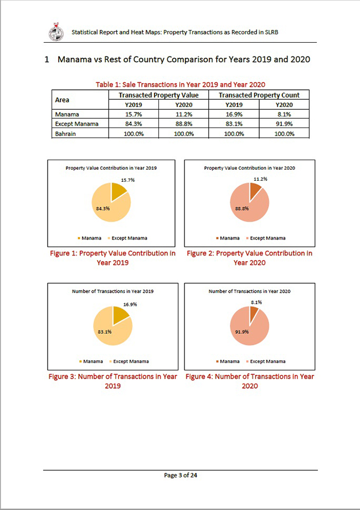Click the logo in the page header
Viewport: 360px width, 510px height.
coord(56,32)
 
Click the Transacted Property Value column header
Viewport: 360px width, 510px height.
coord(158,95)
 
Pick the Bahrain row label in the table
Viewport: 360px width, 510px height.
coord(65,134)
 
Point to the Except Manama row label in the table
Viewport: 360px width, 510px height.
coord(76,124)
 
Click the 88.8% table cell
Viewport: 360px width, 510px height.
coord(183,124)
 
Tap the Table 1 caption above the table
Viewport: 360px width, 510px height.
coord(180,84)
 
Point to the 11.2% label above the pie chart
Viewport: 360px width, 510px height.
coord(260,179)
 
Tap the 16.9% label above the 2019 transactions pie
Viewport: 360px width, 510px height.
coord(130,304)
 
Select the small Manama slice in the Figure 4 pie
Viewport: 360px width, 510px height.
coord(254,314)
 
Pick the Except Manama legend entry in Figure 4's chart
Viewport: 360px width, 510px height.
coord(268,361)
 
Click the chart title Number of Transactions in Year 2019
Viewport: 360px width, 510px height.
coord(113,290)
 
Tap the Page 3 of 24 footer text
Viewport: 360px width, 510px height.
coord(180,475)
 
